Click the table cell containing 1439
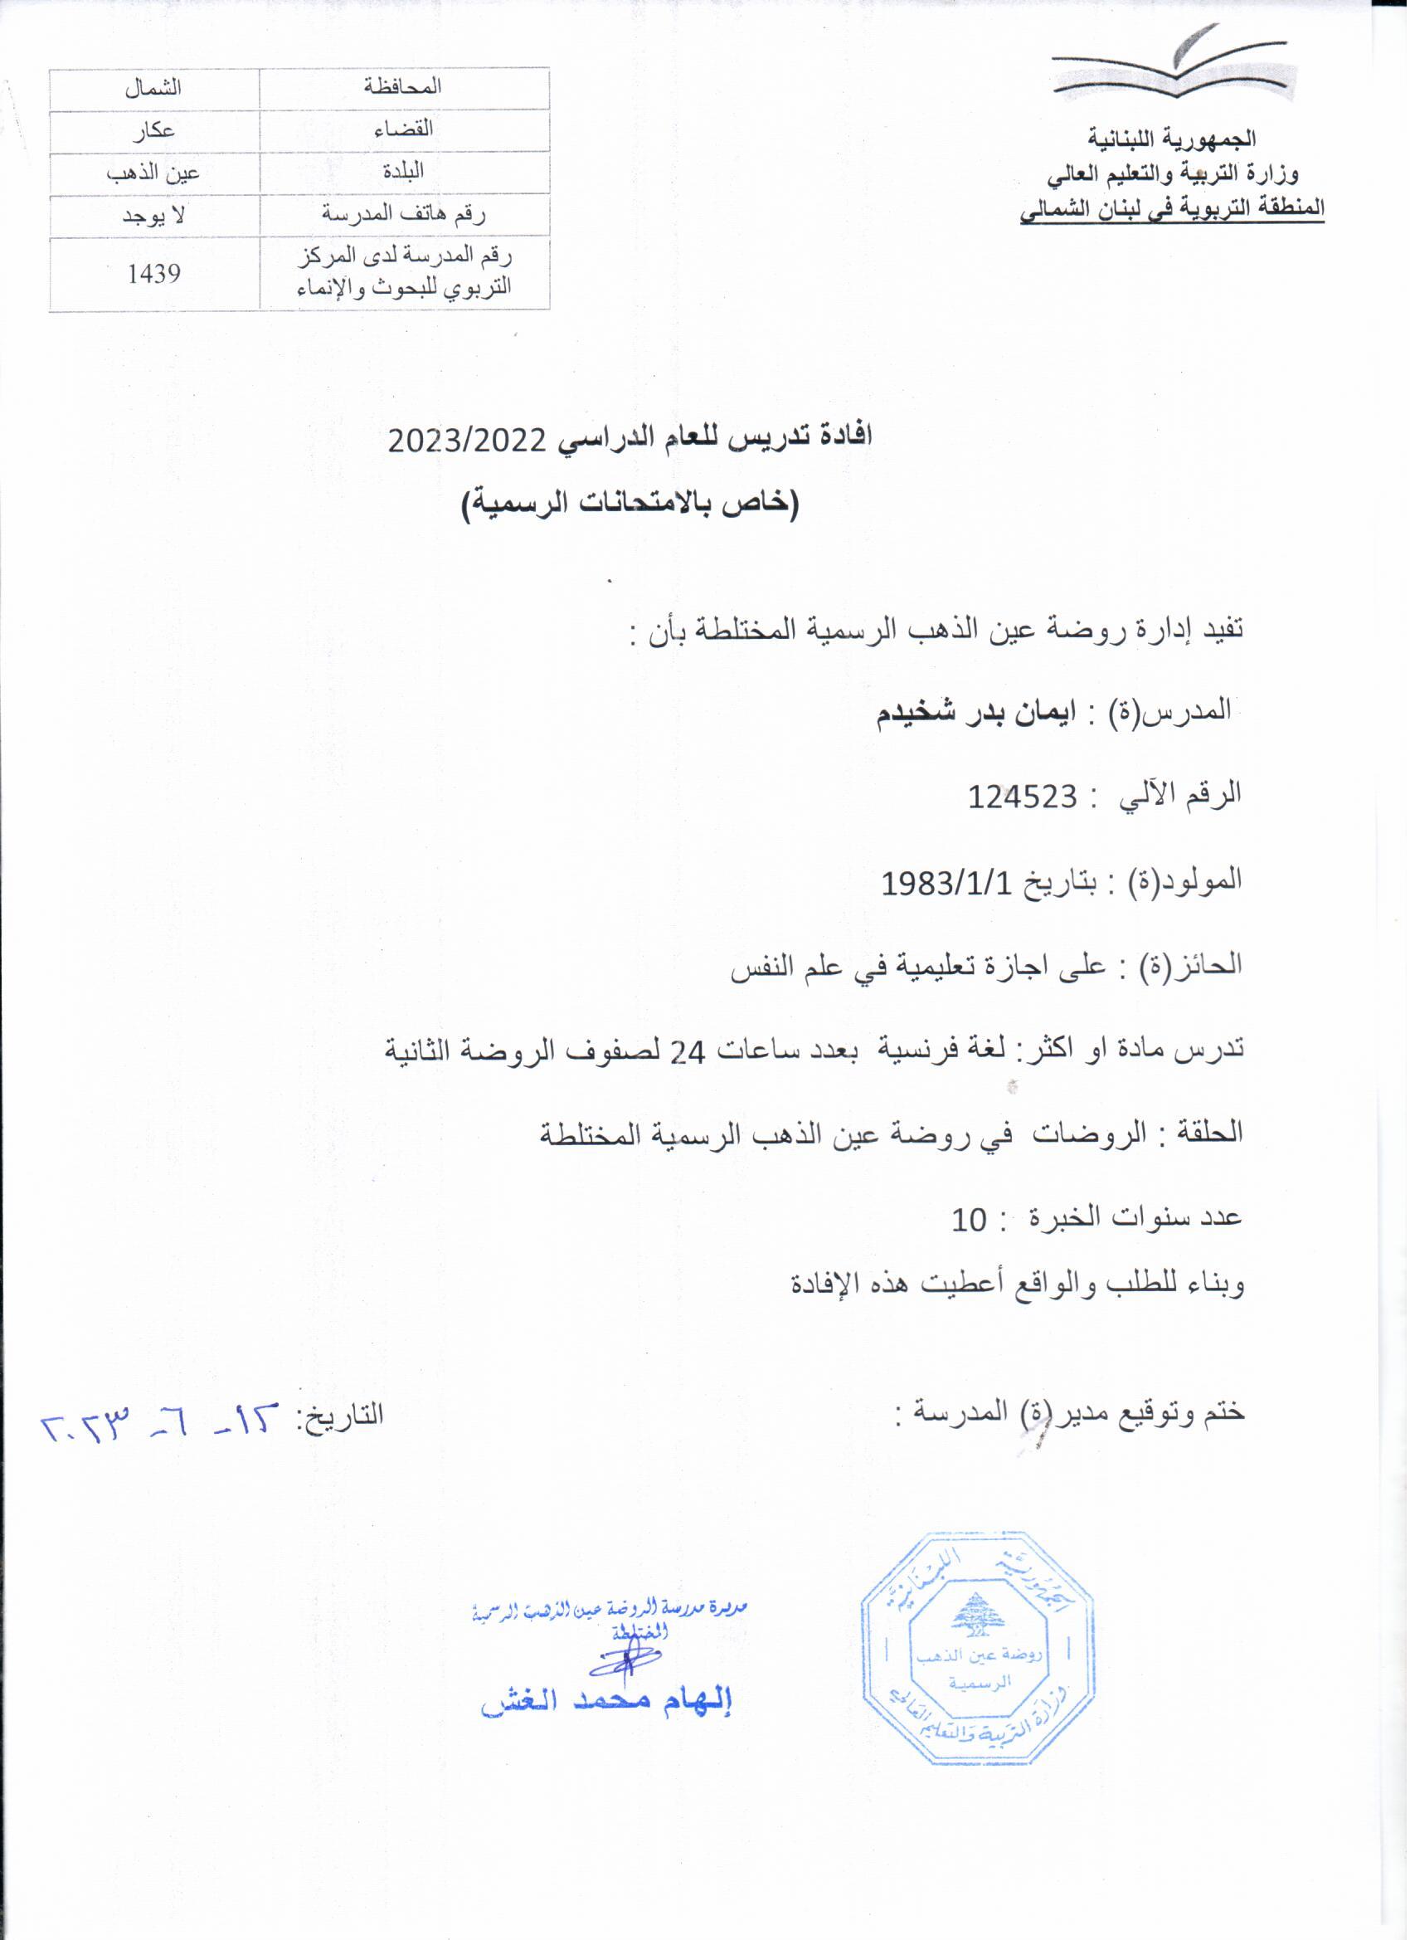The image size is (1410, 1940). (x=154, y=274)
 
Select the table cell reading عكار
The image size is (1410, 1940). (x=154, y=131)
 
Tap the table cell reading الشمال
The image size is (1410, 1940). (x=154, y=88)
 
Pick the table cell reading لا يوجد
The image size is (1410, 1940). (x=154, y=216)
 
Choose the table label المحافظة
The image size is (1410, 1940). (x=403, y=87)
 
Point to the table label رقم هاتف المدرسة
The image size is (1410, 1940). (x=403, y=215)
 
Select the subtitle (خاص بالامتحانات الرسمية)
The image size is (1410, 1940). (x=630, y=504)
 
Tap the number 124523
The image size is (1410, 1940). (x=1023, y=797)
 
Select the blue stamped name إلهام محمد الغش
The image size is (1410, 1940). (x=607, y=1702)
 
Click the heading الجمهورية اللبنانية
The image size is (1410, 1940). (x=1172, y=139)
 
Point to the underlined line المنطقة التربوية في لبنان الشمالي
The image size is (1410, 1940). (x=1172, y=207)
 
